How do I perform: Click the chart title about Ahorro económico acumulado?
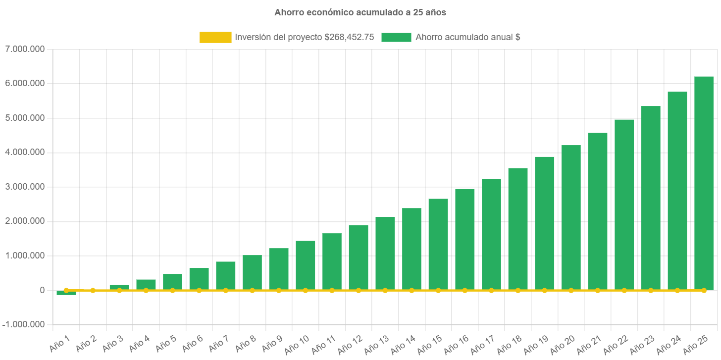(x=360, y=13)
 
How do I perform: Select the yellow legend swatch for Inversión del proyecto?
(x=215, y=37)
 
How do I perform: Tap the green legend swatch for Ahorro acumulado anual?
(x=396, y=37)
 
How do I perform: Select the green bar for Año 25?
(x=704, y=183)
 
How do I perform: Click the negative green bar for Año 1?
(x=66, y=293)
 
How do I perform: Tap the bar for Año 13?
(x=385, y=254)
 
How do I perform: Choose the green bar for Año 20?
(x=571, y=218)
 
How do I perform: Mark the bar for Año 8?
(x=252, y=272)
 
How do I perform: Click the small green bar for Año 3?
(x=119, y=287)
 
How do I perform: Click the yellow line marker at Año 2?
(x=93, y=290)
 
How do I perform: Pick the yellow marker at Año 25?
(x=704, y=290)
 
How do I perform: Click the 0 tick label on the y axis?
(x=42, y=290)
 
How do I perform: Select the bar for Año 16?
(x=464, y=239)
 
